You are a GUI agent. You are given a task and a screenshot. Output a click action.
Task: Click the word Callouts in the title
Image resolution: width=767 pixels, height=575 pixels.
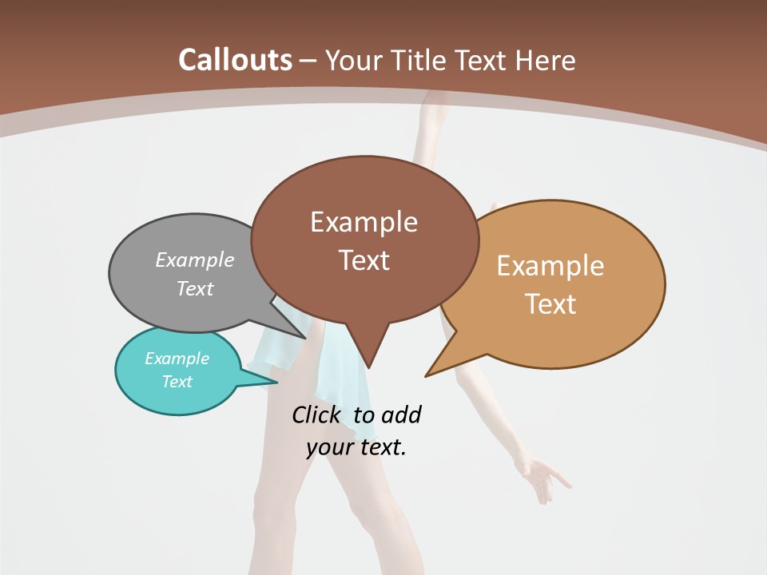click(235, 60)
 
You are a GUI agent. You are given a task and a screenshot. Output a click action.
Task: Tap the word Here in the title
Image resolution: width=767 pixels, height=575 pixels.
click(546, 61)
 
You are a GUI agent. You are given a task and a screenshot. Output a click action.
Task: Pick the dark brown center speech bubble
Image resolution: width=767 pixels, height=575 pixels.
click(364, 240)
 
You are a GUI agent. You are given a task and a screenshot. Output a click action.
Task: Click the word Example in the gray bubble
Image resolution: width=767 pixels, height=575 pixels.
click(195, 260)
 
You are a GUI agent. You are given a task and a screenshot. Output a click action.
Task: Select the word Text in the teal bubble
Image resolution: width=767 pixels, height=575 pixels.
click(177, 382)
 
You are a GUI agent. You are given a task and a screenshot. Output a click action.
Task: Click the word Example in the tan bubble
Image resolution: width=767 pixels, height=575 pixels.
click(550, 266)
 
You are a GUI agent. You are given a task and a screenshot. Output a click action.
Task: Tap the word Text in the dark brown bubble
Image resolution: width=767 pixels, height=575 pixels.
click(364, 260)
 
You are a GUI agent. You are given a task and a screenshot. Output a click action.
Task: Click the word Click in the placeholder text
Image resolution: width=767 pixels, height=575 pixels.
click(316, 414)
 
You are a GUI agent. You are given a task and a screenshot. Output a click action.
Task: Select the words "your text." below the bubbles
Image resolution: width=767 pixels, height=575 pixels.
click(356, 447)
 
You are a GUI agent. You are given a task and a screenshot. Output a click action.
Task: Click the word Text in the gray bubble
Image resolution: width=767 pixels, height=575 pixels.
click(195, 288)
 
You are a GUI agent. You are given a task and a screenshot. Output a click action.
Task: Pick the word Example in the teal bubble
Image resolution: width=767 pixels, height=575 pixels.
click(177, 359)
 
